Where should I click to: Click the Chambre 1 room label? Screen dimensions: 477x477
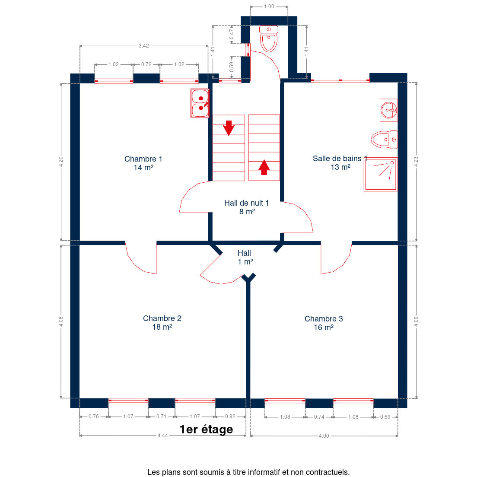point(143,163)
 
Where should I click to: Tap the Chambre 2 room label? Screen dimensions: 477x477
point(162,322)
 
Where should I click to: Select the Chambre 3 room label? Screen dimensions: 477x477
point(324,323)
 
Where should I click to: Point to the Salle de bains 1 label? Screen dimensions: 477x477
point(340,163)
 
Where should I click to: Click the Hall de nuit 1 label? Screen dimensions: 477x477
point(247,207)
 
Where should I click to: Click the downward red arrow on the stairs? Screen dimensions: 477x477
point(229,128)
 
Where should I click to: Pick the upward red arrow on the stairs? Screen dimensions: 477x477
point(264,167)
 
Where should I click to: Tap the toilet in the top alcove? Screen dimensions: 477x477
point(269,38)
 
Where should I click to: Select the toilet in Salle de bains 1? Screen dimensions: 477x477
point(384,139)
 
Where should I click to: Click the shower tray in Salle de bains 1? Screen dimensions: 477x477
point(381,174)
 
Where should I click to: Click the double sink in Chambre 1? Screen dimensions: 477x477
point(200,103)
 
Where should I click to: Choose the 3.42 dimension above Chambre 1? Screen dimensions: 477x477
point(144,46)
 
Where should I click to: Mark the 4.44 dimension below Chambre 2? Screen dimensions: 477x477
point(163,436)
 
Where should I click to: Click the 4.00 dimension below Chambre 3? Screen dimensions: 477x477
point(324,436)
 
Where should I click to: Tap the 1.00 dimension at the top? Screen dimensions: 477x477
point(269,6)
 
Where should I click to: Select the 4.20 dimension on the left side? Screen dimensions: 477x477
point(61,162)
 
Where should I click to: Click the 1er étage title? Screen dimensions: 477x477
point(206,429)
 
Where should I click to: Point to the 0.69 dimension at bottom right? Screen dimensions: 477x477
point(385,417)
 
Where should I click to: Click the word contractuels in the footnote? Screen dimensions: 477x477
point(328,472)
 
